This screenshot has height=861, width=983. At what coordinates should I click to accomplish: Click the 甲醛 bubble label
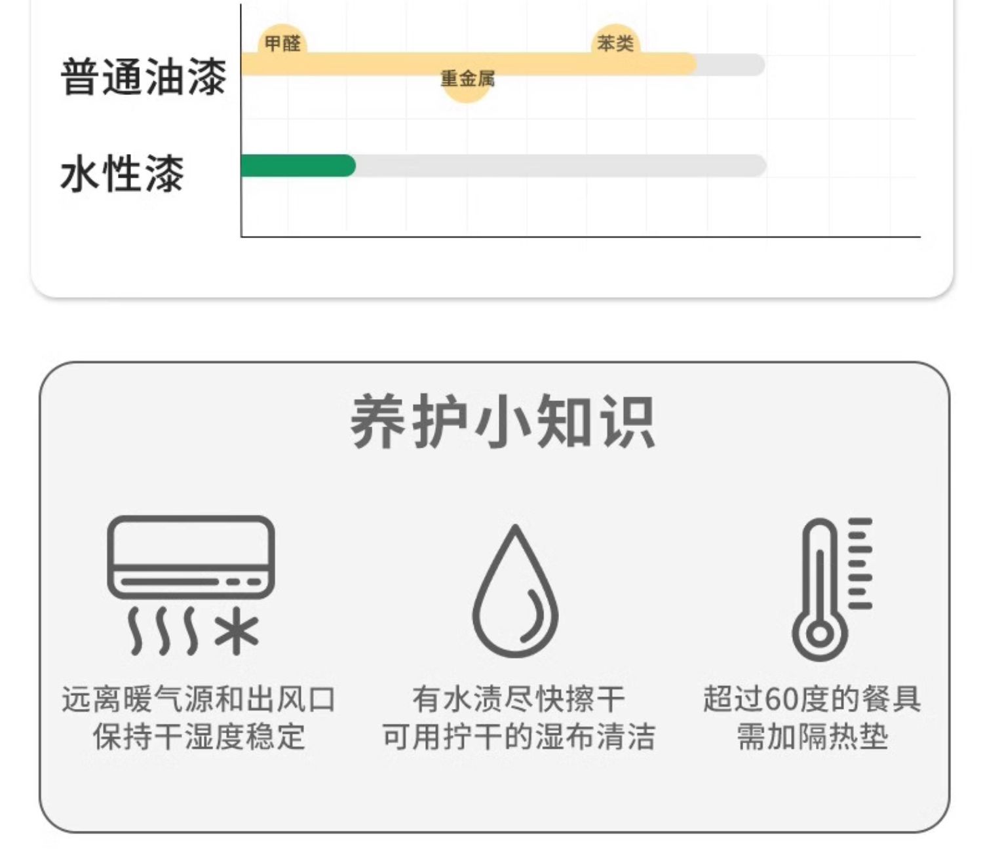(282, 44)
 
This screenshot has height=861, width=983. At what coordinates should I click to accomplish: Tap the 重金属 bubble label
(467, 79)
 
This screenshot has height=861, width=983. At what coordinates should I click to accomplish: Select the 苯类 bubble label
(615, 44)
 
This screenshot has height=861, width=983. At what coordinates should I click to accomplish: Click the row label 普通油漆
(144, 77)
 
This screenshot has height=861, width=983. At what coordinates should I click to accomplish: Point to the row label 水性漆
(123, 174)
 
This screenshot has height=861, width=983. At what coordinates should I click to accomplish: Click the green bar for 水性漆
(298, 166)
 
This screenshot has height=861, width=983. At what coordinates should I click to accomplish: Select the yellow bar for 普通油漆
(468, 64)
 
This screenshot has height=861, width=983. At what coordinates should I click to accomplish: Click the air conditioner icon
(191, 557)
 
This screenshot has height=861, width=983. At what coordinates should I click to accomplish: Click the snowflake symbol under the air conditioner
(237, 633)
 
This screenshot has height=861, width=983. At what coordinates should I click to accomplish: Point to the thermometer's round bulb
(820, 634)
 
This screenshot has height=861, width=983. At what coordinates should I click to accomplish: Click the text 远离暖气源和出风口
(199, 700)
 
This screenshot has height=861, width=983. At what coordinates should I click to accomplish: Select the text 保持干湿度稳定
(199, 737)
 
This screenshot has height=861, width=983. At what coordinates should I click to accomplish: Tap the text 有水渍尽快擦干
(518, 700)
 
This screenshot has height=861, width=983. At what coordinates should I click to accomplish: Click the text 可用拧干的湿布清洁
(518, 737)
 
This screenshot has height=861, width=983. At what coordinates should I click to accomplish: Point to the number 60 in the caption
(781, 700)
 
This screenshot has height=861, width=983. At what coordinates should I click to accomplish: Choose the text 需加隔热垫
(812, 737)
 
